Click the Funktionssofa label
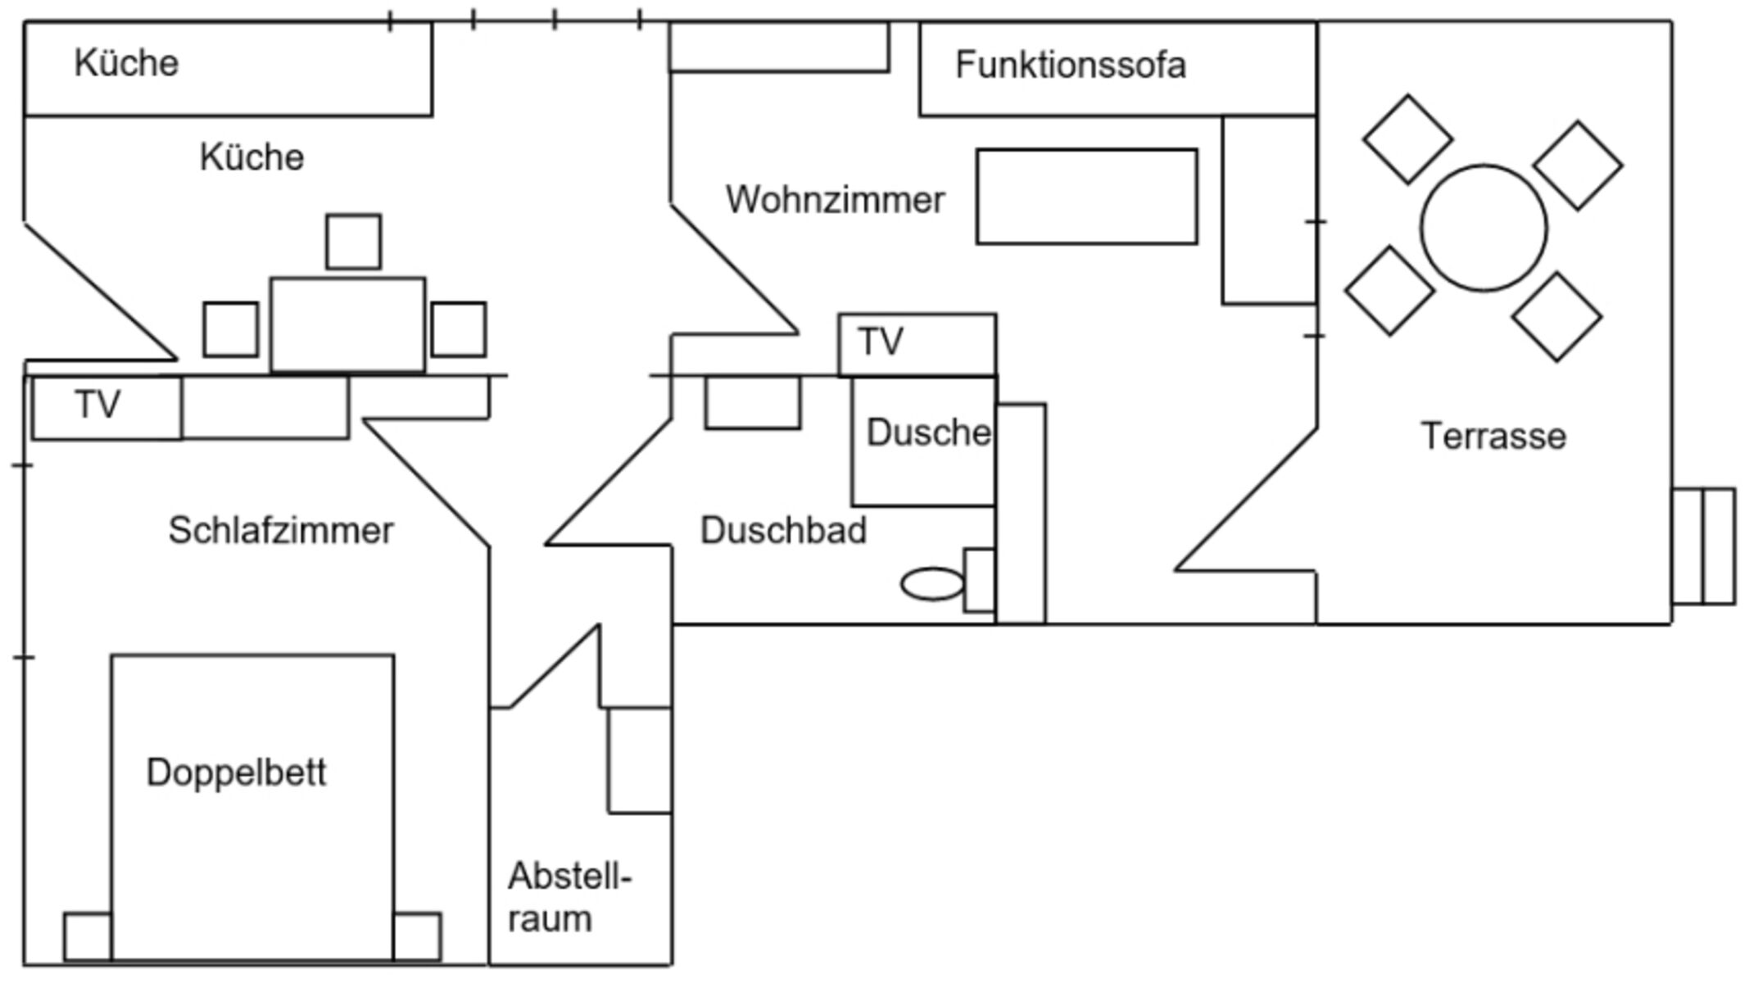pyautogui.click(x=1070, y=66)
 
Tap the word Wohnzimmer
pyautogui.click(x=835, y=200)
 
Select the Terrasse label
pyautogui.click(x=1493, y=437)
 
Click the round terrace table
pyautogui.click(x=1484, y=229)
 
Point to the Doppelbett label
pyautogui.click(x=236, y=772)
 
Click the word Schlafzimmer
pyautogui.click(x=281, y=531)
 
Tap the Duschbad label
pyautogui.click(x=783, y=531)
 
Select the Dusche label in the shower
pyautogui.click(x=928, y=433)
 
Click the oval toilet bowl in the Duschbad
pyautogui.click(x=932, y=585)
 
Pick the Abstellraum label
pyautogui.click(x=568, y=898)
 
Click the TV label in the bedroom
pyautogui.click(x=97, y=405)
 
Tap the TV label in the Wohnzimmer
pyautogui.click(x=881, y=342)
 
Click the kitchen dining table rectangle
pyautogui.click(x=347, y=325)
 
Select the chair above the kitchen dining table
pyautogui.click(x=353, y=242)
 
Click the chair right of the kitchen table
pyautogui.click(x=459, y=329)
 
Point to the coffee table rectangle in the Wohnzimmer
pyautogui.click(x=1086, y=197)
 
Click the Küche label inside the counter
pyautogui.click(x=126, y=63)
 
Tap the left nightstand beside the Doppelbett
pyautogui.click(x=88, y=936)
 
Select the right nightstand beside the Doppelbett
pyautogui.click(x=417, y=936)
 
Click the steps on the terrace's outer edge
pyautogui.click(x=1703, y=546)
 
